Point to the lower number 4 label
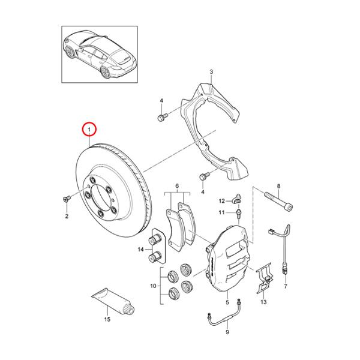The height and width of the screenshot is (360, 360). (203, 192)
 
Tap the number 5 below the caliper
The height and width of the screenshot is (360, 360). (227, 305)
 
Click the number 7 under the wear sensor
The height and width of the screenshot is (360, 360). (286, 287)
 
